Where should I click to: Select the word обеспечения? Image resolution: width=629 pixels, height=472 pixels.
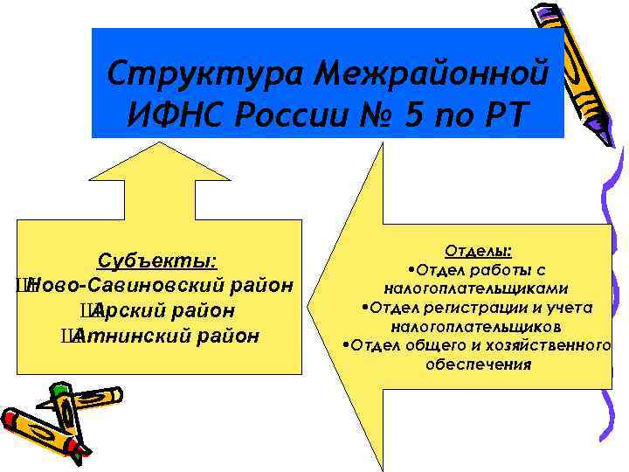click(478, 364)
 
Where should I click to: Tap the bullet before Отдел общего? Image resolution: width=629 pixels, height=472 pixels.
click(347, 346)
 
